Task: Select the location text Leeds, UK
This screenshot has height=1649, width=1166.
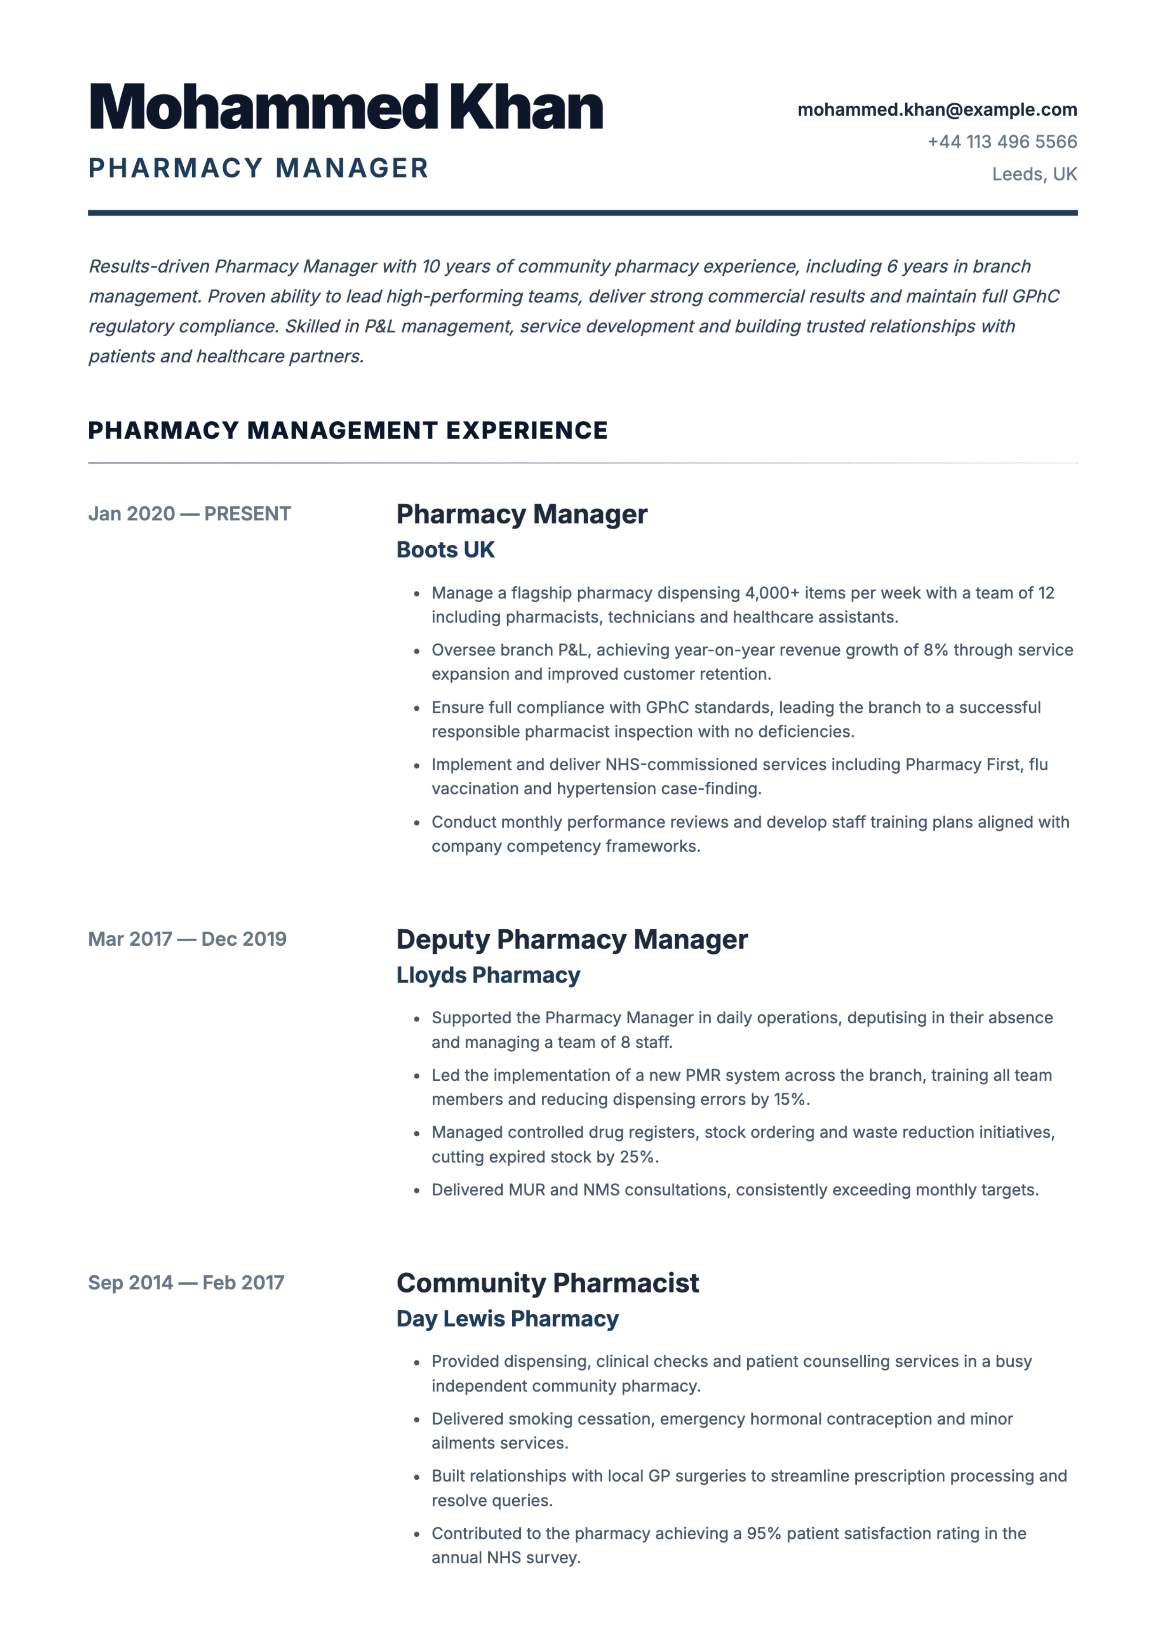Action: [x=1034, y=174]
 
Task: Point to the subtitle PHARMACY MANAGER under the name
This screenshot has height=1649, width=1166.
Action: [x=258, y=168]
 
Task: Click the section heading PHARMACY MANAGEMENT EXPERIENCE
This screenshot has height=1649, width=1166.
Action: [x=347, y=430]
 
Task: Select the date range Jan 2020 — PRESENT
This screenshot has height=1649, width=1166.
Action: [x=189, y=513]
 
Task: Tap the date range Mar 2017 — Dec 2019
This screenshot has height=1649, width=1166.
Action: [x=187, y=939]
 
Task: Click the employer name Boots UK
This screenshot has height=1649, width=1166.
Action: [x=445, y=550]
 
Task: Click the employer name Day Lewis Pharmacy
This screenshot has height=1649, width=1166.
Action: [x=507, y=1318]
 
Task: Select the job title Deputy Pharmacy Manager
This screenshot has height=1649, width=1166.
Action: [x=571, y=939]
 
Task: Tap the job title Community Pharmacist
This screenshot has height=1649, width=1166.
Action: [x=547, y=1283]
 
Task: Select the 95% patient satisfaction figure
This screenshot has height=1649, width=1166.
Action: [x=763, y=1533]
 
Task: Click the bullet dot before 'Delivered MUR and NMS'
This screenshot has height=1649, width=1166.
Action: [x=416, y=1191]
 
